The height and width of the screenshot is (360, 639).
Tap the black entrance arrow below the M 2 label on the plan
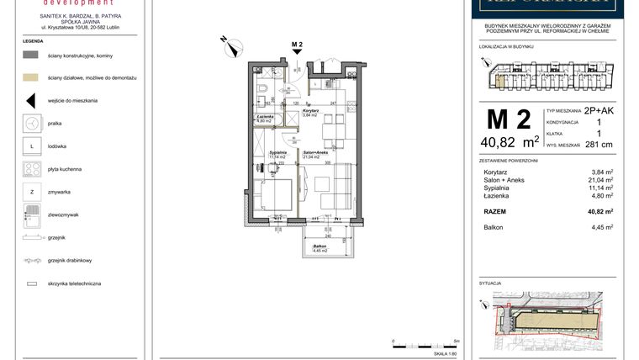(296, 51)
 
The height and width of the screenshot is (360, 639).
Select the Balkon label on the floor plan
(318, 246)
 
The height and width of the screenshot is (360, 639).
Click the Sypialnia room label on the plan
(277, 153)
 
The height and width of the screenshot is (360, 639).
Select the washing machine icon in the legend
(31, 123)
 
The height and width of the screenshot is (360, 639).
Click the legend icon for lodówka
(31, 146)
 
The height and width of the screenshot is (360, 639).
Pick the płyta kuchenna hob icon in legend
(31, 169)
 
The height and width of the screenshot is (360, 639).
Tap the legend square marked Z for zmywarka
(31, 193)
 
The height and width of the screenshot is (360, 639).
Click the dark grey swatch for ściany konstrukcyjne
(31, 54)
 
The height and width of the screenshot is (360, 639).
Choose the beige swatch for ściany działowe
(31, 77)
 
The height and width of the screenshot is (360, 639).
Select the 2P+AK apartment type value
(599, 110)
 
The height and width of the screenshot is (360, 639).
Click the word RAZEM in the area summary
(495, 212)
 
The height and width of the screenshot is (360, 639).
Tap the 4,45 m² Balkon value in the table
(602, 227)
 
